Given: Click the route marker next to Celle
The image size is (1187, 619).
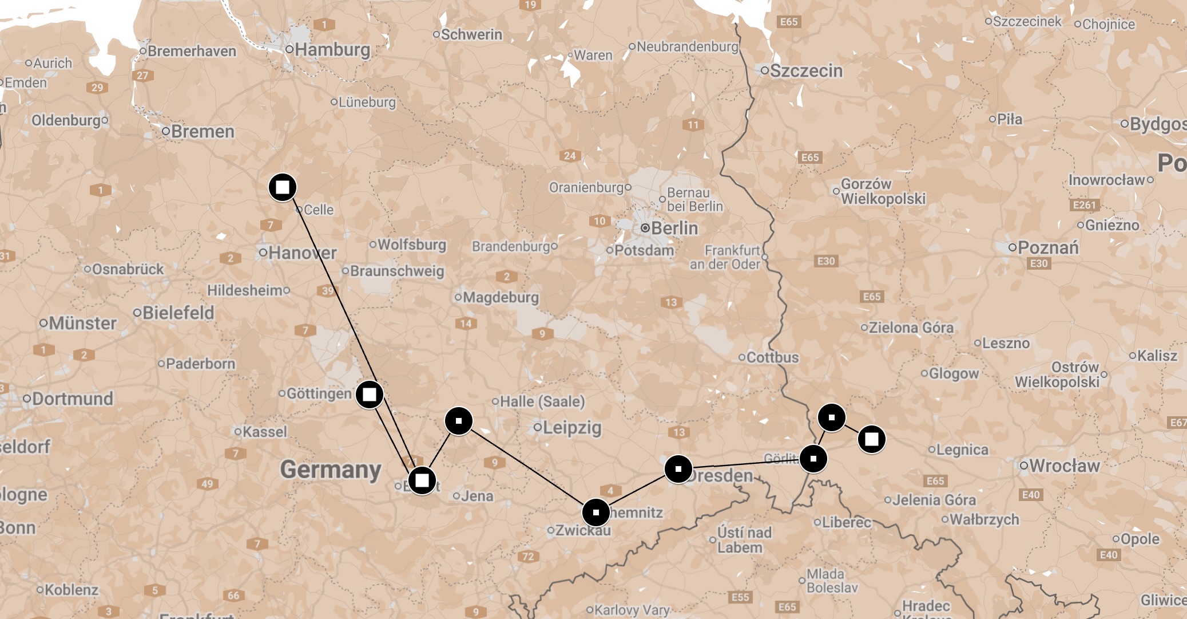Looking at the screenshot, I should tap(283, 187).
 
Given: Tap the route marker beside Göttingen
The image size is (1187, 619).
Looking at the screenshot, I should tap(370, 395).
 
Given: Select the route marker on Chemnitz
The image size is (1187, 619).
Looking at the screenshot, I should tap(596, 512).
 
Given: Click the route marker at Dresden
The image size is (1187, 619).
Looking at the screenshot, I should tap(678, 469).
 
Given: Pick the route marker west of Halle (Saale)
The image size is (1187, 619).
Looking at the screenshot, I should tap(459, 421).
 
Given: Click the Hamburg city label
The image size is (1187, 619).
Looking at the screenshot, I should tap(332, 50).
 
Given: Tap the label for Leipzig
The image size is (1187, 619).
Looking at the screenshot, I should tap(571, 427).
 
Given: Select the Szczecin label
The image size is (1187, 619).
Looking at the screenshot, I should tap(806, 71).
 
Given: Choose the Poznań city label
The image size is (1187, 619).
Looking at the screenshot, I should tap(1048, 247).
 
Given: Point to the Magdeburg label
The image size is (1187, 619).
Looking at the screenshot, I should tap(501, 297).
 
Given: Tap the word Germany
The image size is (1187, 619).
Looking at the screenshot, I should tap(331, 470).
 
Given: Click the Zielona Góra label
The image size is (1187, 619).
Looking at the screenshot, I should tap(911, 328).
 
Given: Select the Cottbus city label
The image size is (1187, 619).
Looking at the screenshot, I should tap(772, 357).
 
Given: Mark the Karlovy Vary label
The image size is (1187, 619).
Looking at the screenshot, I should tap(632, 610).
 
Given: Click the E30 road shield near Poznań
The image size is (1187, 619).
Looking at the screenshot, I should tap(1039, 263).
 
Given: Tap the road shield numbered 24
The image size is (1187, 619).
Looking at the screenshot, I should tap(570, 156).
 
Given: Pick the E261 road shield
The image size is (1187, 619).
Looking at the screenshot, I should tap(1084, 205).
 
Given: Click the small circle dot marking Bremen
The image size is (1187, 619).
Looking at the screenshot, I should tap(166, 132).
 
